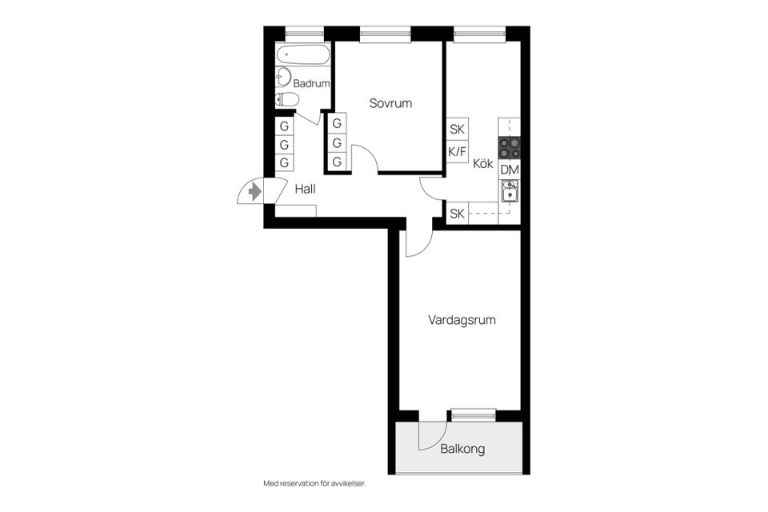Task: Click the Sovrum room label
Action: [x=390, y=103]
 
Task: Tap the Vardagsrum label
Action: [x=462, y=320]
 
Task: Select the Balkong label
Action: [x=462, y=450]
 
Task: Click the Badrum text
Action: [x=311, y=83]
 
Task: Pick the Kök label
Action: [x=482, y=163]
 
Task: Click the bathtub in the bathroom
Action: [x=302, y=56]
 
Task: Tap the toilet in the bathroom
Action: [x=286, y=99]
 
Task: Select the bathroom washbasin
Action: [x=283, y=78]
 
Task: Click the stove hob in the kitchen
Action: [x=510, y=148]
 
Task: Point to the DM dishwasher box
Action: [x=510, y=170]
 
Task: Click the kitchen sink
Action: [x=510, y=190]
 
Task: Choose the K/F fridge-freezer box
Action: [x=457, y=150]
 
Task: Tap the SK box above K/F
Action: [x=457, y=129]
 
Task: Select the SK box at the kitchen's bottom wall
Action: [x=457, y=214]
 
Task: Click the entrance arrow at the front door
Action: [x=255, y=192]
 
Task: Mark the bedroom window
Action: [x=385, y=34]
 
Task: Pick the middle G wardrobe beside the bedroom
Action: [x=337, y=143]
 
